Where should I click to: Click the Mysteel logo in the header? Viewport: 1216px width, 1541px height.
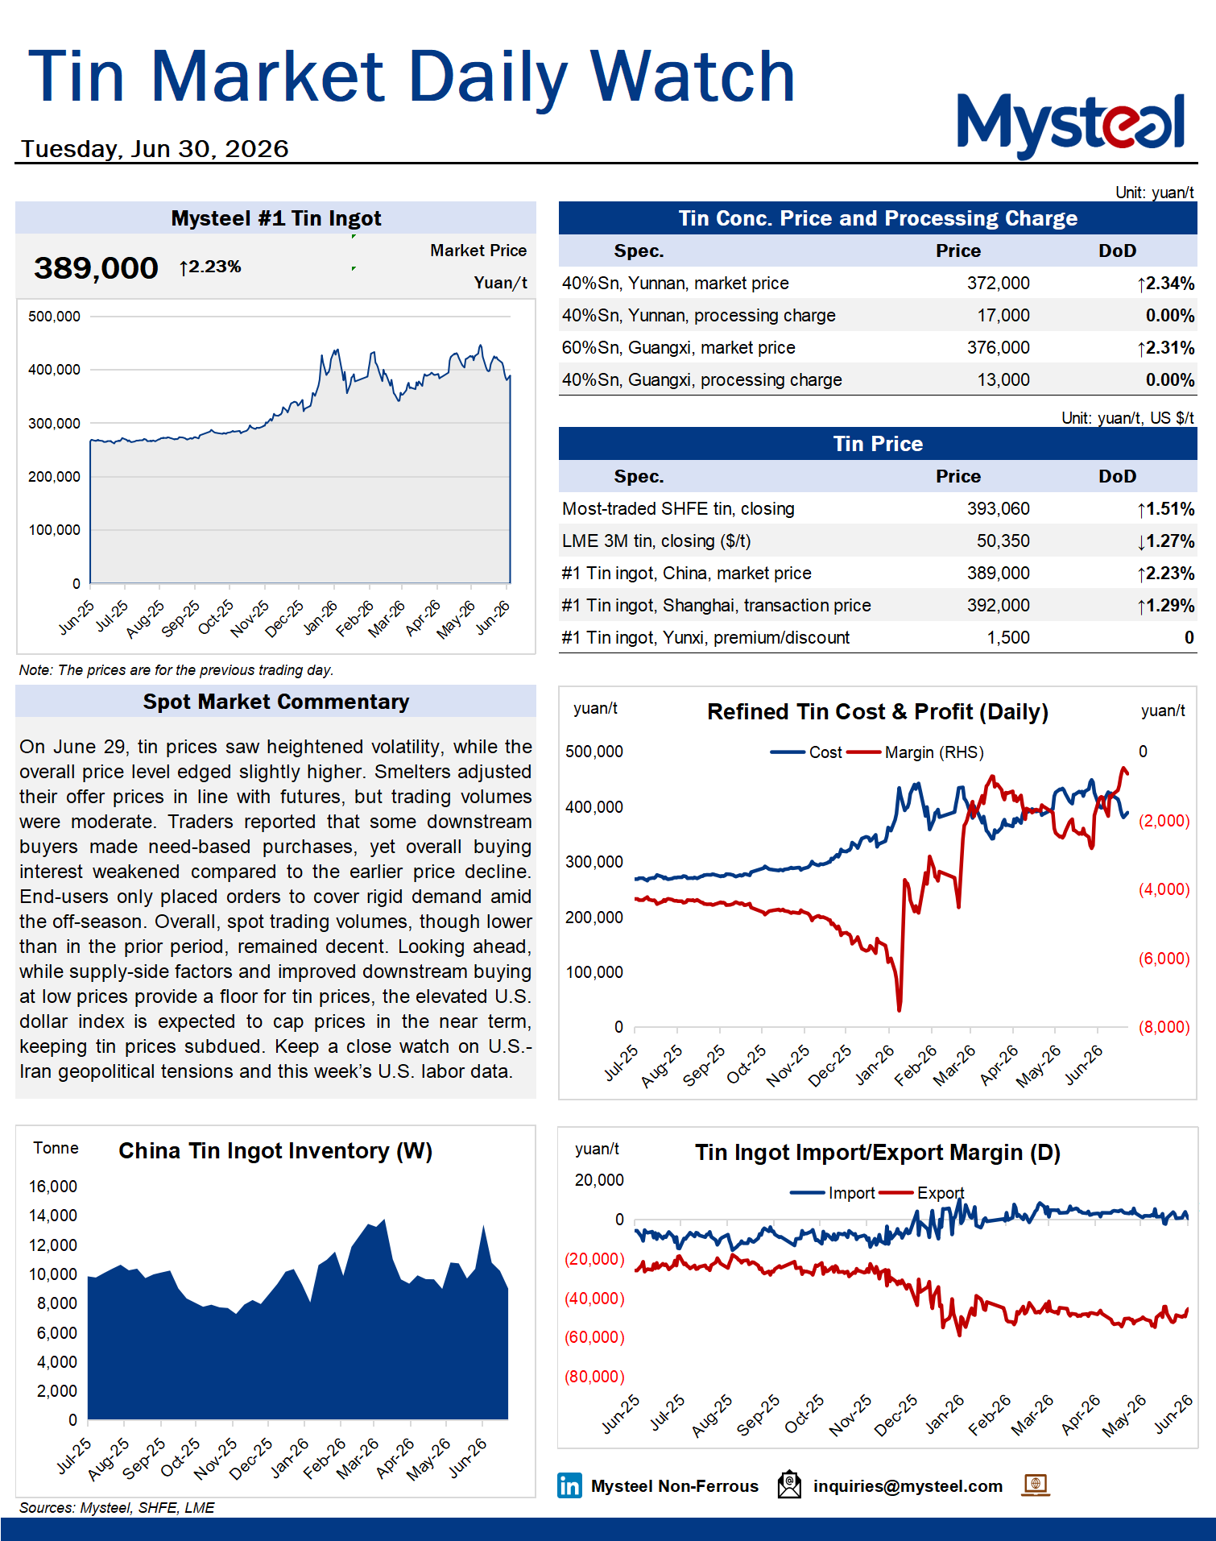click(1070, 124)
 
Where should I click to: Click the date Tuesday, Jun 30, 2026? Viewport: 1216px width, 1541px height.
click(155, 149)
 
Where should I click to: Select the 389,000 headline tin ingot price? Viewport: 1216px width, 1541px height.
click(96, 268)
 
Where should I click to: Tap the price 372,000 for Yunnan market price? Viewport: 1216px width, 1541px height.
click(998, 284)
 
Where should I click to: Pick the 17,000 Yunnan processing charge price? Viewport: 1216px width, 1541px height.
click(1003, 316)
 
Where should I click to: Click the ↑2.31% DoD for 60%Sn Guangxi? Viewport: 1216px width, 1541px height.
click(1165, 348)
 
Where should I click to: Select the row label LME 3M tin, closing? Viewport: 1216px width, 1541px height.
click(656, 541)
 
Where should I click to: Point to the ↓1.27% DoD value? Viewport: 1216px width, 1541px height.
click(1165, 541)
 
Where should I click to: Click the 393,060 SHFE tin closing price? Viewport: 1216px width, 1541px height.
click(998, 509)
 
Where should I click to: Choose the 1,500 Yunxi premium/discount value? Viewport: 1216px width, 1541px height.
click(1008, 638)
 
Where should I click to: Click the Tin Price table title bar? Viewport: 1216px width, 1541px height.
click(878, 444)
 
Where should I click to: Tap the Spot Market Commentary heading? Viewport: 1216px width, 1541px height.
click(276, 702)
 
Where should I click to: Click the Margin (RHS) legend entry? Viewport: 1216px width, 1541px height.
click(916, 752)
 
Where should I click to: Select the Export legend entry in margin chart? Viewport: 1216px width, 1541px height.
click(921, 1193)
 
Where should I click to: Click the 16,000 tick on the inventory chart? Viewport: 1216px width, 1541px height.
click(53, 1187)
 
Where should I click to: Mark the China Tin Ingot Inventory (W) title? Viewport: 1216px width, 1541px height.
click(275, 1151)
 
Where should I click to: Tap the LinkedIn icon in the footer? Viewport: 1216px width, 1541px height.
click(569, 1485)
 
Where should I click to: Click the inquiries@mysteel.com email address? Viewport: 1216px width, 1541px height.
click(908, 1486)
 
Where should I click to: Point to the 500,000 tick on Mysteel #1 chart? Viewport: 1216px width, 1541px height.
click(54, 317)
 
